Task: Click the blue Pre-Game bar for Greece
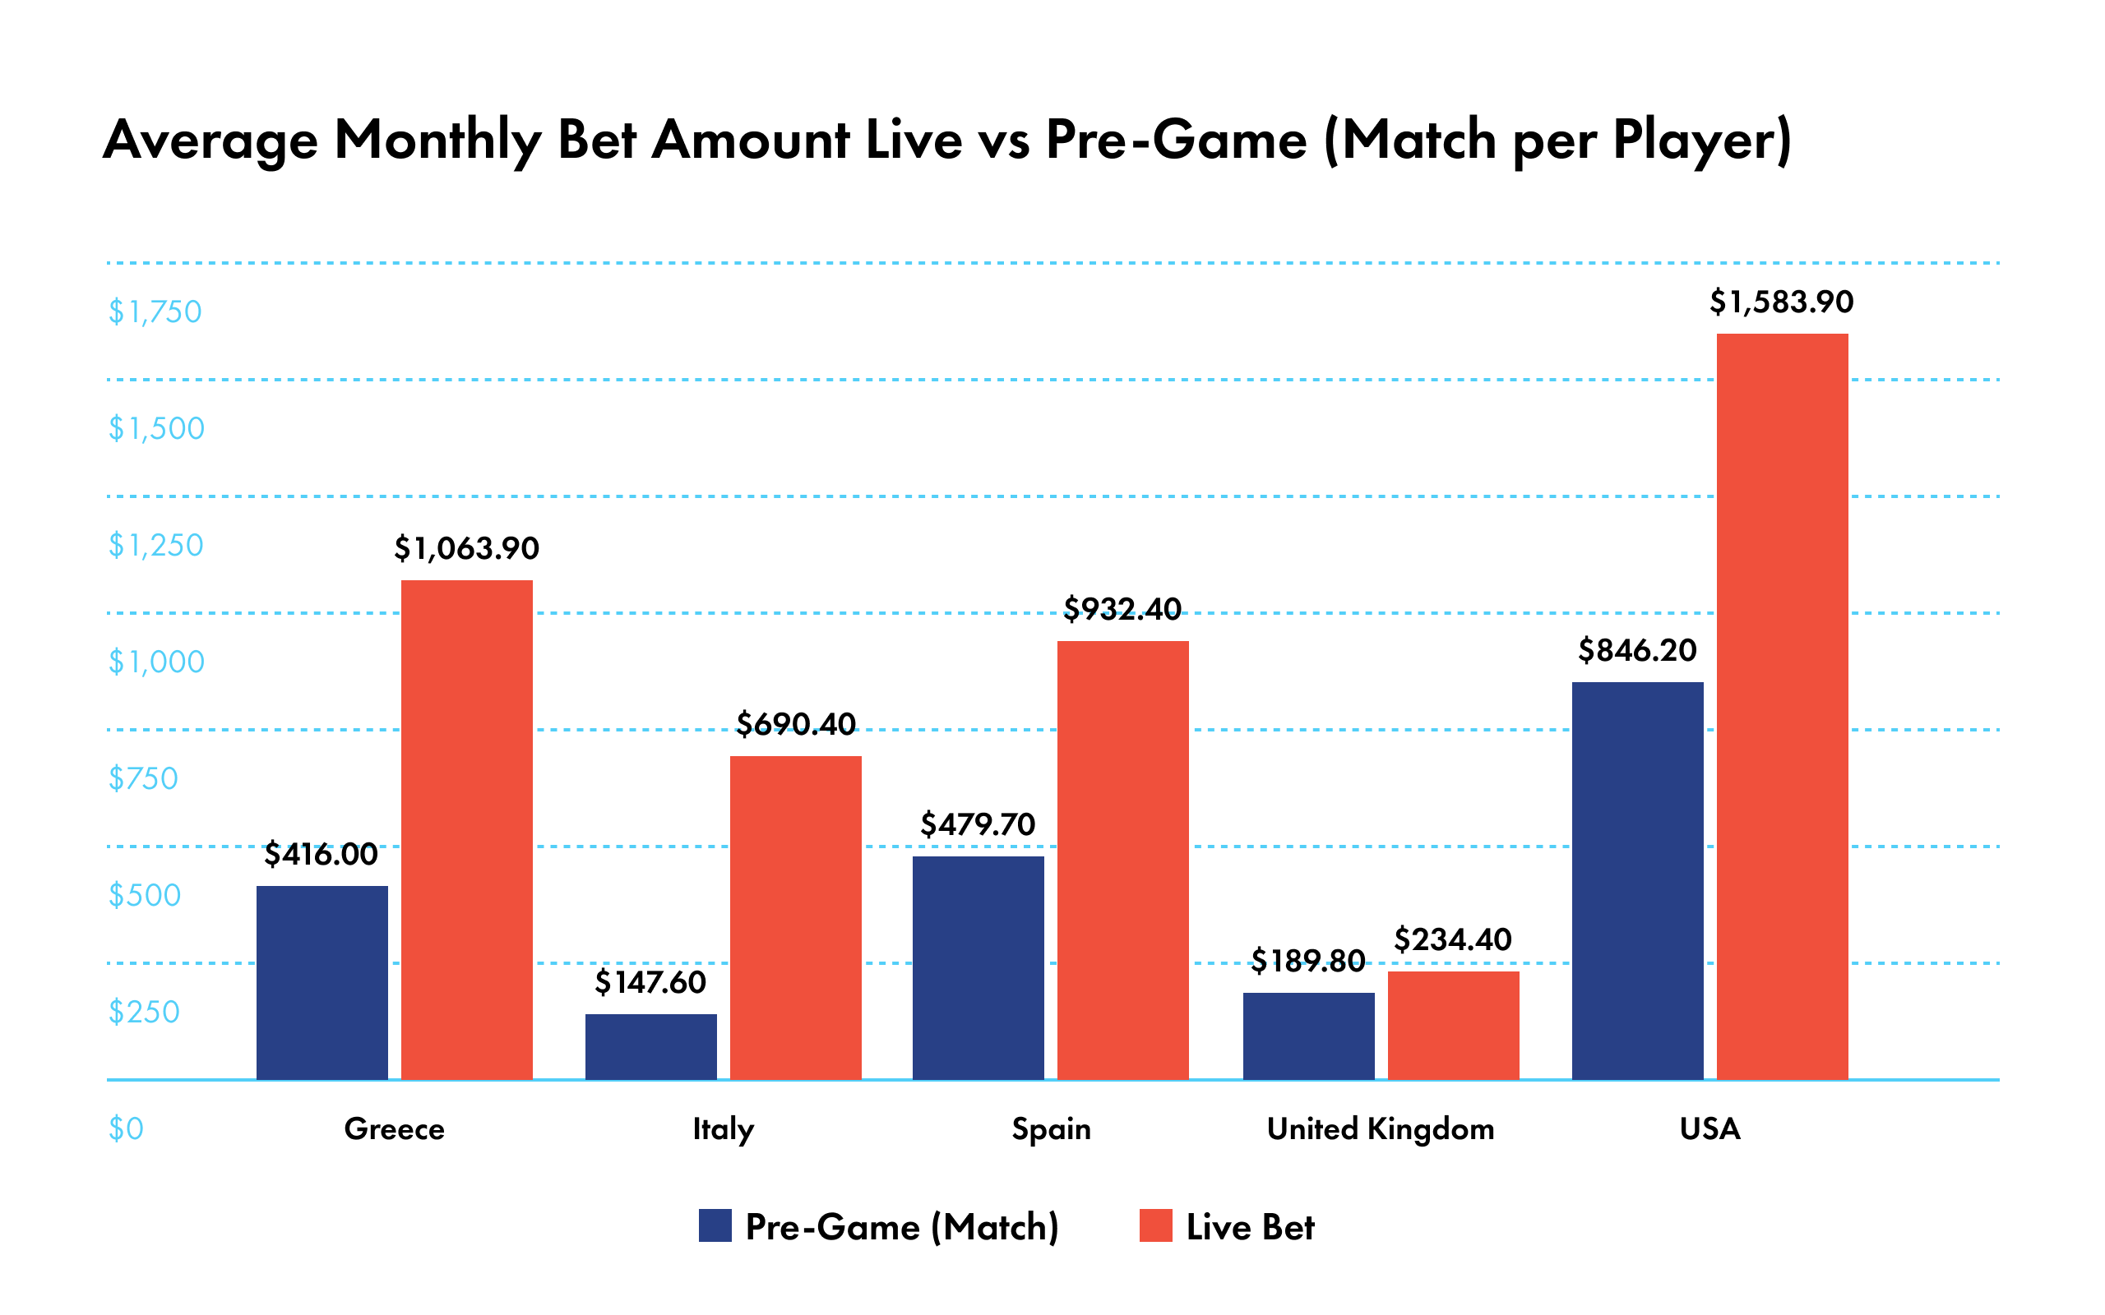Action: click(322, 983)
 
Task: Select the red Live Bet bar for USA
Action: click(1783, 706)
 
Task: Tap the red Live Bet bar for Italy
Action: click(795, 917)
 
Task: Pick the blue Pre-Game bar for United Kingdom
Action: click(1308, 1036)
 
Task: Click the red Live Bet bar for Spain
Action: click(1122, 861)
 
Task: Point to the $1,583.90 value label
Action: click(1781, 302)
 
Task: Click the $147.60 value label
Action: click(650, 982)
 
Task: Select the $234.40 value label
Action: click(1453, 939)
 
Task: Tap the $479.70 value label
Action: click(978, 824)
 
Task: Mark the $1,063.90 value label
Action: click(466, 548)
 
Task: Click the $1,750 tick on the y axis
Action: click(155, 311)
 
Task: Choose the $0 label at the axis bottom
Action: click(125, 1128)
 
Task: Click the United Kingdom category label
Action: click(1381, 1128)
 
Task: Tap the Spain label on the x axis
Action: click(1051, 1128)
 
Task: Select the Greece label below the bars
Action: click(394, 1128)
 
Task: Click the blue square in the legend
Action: click(715, 1225)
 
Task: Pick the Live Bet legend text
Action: click(1250, 1226)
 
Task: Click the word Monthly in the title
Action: click(437, 139)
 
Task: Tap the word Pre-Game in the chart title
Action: click(1176, 139)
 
